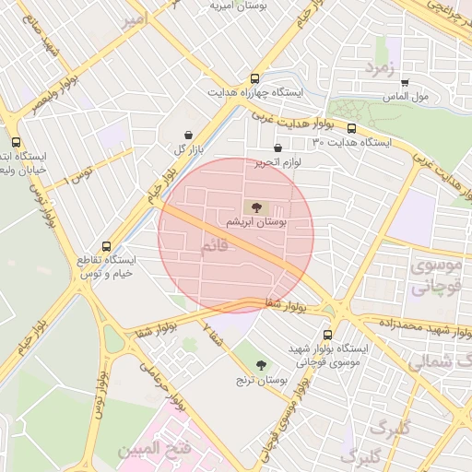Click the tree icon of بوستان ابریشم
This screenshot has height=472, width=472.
click(255, 206)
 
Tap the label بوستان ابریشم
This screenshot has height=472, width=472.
click(256, 222)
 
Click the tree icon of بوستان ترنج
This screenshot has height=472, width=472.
click(264, 364)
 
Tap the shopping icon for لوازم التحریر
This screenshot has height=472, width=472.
click(277, 147)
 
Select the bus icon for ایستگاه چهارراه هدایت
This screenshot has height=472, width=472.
click(254, 78)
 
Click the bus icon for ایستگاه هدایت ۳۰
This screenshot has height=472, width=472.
click(352, 128)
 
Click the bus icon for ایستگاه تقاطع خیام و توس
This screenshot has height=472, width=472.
click(107, 247)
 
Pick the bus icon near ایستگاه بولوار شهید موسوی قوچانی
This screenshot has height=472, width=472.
click(328, 335)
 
